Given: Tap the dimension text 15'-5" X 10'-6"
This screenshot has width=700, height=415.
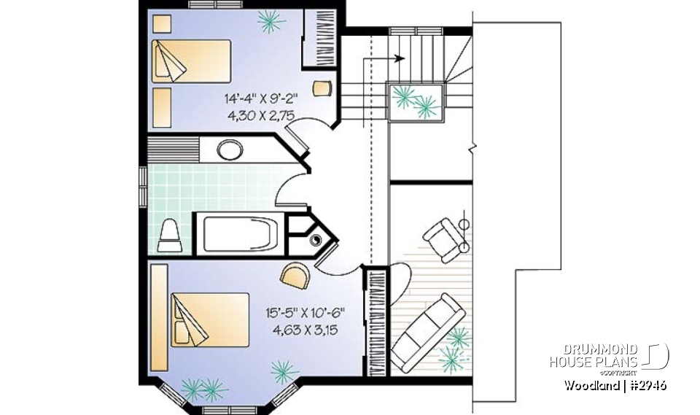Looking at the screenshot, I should (x=305, y=313).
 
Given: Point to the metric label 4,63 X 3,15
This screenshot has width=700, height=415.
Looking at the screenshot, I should (x=305, y=329).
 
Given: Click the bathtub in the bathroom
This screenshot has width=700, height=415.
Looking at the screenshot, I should (x=238, y=231).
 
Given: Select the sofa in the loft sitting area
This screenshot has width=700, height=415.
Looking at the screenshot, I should (x=429, y=332).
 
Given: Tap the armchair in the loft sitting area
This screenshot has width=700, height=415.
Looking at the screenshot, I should (x=443, y=238).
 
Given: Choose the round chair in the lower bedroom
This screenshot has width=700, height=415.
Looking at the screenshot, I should (x=295, y=276).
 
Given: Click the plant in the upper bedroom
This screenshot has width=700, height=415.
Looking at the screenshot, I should (x=271, y=22).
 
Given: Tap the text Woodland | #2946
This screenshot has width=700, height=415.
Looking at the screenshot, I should (x=614, y=384).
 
